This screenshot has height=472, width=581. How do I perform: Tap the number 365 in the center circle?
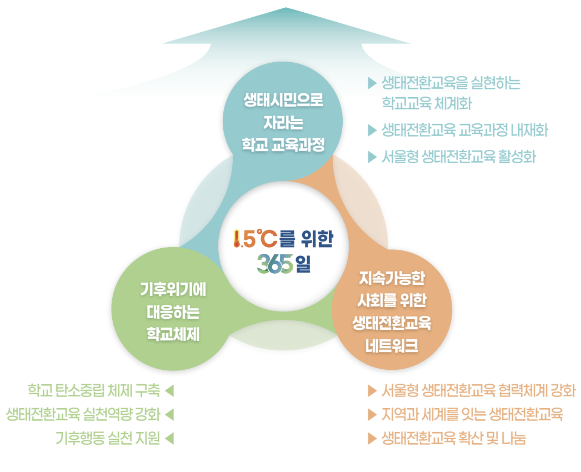[x=274, y=264]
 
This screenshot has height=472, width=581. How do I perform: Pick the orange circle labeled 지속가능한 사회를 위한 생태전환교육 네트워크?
[x=392, y=311]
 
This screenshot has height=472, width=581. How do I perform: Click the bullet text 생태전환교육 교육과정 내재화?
[x=465, y=130]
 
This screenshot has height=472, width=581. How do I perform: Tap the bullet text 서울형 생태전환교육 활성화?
[x=458, y=157]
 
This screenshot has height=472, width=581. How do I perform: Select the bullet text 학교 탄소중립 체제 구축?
[x=94, y=390]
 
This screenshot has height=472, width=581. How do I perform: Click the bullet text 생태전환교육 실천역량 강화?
[x=83, y=414]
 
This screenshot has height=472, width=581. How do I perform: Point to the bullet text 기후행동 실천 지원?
[x=108, y=439]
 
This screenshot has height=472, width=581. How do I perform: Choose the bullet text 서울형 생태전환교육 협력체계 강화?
[x=478, y=390]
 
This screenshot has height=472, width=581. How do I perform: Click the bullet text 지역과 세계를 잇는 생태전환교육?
[x=472, y=414]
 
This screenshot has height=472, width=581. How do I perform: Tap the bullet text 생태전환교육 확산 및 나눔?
[x=453, y=439]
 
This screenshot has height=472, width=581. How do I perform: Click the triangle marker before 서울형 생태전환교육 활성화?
[x=372, y=157]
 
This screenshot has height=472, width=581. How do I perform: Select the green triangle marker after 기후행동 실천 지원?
[x=170, y=439]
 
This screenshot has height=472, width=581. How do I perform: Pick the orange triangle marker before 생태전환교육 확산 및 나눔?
[x=372, y=439]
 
